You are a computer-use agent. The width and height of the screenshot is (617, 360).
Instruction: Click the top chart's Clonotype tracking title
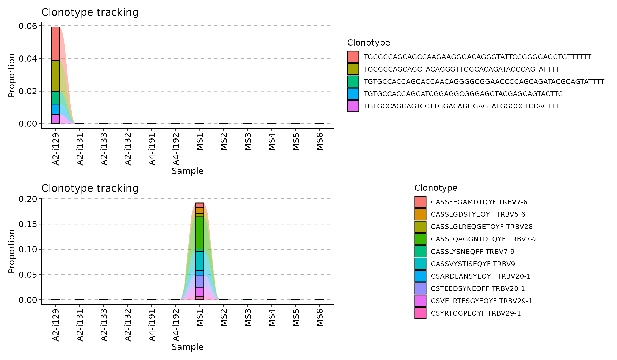point(90,12)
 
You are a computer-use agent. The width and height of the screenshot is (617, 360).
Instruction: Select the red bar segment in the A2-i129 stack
point(56,43)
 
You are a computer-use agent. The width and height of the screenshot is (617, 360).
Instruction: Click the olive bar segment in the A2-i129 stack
point(56,76)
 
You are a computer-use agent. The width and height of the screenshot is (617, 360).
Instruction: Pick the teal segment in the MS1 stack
point(200,260)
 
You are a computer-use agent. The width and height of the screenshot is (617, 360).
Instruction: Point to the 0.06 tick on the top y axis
point(28,26)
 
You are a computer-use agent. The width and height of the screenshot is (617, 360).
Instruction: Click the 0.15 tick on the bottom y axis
point(28,224)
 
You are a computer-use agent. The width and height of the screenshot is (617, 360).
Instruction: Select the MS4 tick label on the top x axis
point(272,142)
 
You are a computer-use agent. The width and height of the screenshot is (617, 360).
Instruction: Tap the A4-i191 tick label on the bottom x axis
point(152,325)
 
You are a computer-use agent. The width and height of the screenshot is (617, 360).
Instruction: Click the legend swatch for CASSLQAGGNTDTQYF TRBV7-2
point(420,239)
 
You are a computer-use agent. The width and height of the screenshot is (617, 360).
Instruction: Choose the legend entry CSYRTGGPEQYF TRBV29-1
point(476,313)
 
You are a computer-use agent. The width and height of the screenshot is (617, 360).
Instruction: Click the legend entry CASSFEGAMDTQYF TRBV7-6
point(479,202)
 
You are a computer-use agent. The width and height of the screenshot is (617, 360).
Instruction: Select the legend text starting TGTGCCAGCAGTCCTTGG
point(461,106)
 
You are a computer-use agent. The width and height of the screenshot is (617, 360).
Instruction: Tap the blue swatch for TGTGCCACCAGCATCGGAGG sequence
point(353,94)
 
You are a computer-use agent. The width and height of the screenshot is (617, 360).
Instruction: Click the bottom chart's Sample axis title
point(187,347)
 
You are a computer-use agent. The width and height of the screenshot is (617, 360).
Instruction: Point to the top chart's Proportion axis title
point(12,75)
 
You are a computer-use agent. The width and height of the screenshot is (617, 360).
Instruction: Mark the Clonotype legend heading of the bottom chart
point(436,188)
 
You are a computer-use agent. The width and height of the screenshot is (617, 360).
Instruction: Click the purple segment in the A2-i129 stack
point(56,119)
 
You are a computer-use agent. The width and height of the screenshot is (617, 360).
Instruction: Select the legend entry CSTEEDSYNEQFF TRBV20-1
point(478,288)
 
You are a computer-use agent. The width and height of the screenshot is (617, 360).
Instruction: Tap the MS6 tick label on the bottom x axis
point(320,318)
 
